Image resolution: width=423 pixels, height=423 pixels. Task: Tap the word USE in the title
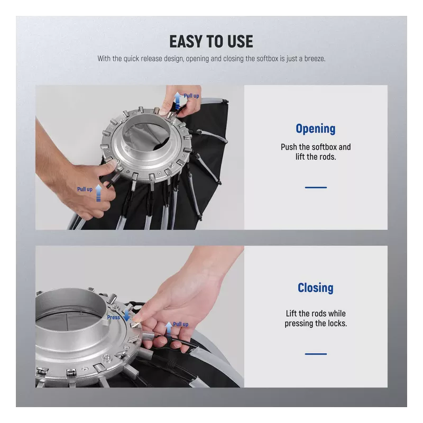pyautogui.click(x=240, y=41)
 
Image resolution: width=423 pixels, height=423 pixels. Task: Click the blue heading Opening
pyautogui.click(x=316, y=129)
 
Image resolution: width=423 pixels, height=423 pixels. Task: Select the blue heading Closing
pyautogui.click(x=316, y=288)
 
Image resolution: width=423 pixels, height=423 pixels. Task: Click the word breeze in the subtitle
pyautogui.click(x=315, y=59)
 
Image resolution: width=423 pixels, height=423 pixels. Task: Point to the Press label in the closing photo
pyautogui.click(x=113, y=317)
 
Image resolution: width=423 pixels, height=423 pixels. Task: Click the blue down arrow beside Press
pyautogui.click(x=126, y=315)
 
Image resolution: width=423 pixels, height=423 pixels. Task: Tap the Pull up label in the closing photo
pyautogui.click(x=180, y=324)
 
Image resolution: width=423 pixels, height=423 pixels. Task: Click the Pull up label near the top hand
pyautogui.click(x=191, y=96)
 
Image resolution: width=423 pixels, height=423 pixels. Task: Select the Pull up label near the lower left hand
pyautogui.click(x=85, y=189)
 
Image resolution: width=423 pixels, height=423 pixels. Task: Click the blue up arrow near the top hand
pyautogui.click(x=178, y=100)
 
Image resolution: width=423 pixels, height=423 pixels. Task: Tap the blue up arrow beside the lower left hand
pyautogui.click(x=99, y=192)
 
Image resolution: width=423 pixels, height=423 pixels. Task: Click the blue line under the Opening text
pyautogui.click(x=316, y=187)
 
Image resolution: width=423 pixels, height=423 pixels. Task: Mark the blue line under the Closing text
pyautogui.click(x=316, y=354)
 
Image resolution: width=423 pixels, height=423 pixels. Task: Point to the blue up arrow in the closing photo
pyautogui.click(x=169, y=328)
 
